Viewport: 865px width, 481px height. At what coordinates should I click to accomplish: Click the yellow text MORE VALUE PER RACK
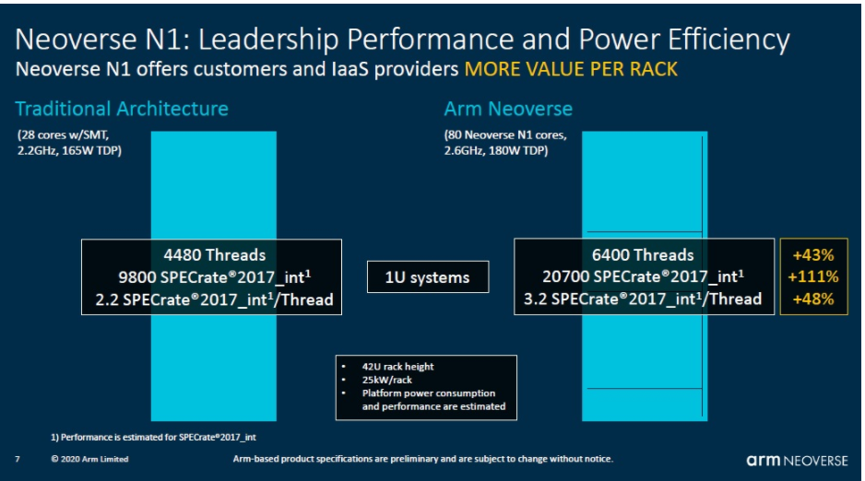pyautogui.click(x=571, y=69)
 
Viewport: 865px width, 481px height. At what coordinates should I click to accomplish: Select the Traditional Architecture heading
pyautogui.click(x=122, y=109)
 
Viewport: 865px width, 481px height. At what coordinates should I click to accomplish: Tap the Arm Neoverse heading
pyautogui.click(x=508, y=109)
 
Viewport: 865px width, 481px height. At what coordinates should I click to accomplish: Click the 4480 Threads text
pyautogui.click(x=215, y=255)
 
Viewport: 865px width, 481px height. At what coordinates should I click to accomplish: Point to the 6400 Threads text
pyautogui.click(x=643, y=255)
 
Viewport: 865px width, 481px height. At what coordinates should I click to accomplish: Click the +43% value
pyautogui.click(x=813, y=255)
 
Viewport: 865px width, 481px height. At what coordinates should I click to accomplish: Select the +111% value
pyautogui.click(x=813, y=276)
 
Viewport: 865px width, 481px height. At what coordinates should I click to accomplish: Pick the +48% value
pyautogui.click(x=813, y=299)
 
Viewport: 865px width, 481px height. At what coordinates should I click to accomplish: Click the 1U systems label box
pyautogui.click(x=428, y=276)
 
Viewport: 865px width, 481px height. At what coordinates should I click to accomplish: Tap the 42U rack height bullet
pyautogui.click(x=397, y=367)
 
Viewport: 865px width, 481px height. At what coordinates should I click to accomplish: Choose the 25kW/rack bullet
pyautogui.click(x=386, y=380)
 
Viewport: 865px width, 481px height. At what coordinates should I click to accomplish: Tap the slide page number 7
pyautogui.click(x=18, y=459)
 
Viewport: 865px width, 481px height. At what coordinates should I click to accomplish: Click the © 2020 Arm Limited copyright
pyautogui.click(x=89, y=459)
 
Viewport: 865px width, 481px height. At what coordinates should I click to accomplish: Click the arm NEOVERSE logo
pyautogui.click(x=797, y=461)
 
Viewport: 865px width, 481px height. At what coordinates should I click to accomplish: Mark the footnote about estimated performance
pyautogui.click(x=153, y=438)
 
